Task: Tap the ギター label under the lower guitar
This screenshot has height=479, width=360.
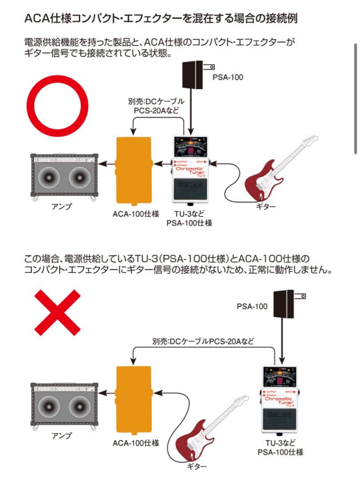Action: click(x=196, y=467)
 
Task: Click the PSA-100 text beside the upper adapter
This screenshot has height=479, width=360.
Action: click(x=228, y=77)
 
